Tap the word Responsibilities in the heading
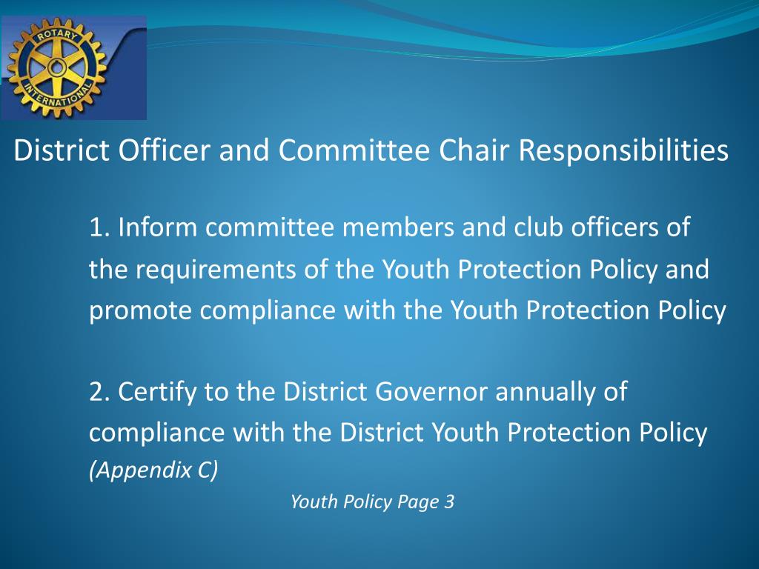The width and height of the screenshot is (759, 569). [623, 152]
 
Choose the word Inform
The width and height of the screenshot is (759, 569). [158, 227]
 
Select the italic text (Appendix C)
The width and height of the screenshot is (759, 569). [153, 472]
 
